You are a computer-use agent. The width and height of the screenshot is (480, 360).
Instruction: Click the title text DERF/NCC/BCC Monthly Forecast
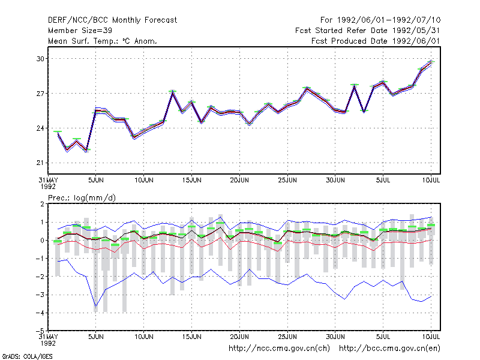112,20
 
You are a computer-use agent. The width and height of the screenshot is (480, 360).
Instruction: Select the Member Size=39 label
80,31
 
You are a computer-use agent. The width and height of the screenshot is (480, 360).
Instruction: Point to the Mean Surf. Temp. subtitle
102,41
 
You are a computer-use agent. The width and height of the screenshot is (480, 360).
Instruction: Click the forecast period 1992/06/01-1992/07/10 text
380,20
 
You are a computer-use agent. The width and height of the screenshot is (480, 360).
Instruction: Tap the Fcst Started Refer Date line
367,31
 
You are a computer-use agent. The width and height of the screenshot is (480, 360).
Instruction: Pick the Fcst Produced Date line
376,41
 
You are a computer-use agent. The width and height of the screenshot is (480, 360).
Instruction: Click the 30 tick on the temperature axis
40,59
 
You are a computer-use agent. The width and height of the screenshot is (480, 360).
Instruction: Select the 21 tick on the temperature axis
40,163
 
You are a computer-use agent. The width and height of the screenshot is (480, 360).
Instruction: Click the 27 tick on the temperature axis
40,94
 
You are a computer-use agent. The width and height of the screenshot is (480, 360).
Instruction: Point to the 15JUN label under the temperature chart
191,180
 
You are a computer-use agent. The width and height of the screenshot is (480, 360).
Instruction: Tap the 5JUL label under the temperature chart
383,180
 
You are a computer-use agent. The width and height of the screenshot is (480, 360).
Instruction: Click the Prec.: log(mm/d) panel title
82,198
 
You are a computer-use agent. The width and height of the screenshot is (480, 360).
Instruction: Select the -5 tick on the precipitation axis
40,331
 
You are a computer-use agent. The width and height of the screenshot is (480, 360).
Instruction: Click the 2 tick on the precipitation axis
42,204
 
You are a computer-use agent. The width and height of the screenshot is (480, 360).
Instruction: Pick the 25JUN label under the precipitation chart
287,337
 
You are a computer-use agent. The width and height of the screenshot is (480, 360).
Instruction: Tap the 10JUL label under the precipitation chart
431,337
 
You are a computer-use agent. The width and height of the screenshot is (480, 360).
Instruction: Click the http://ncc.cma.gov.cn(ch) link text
279,349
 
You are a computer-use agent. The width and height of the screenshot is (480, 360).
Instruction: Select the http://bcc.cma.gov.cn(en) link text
389,349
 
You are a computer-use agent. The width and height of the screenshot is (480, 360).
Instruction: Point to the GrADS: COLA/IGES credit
27,356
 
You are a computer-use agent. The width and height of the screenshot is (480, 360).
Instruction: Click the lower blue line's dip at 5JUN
96,307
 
